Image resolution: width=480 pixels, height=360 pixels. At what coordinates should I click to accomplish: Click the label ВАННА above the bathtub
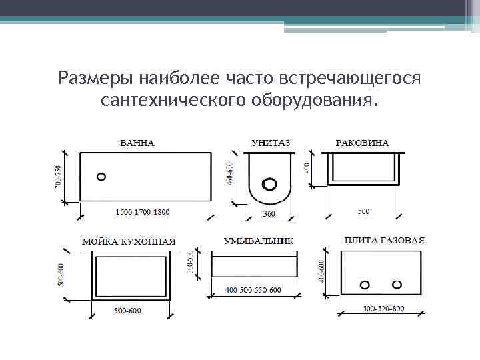[137, 143]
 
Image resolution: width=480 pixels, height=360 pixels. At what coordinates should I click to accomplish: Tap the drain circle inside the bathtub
[101, 177]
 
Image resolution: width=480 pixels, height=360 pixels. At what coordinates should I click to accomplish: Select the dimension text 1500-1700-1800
[143, 212]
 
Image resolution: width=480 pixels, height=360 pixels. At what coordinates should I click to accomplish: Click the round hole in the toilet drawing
[270, 183]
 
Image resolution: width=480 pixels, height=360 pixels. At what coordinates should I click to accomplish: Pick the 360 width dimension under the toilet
[268, 214]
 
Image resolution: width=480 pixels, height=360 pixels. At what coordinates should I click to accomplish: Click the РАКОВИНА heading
[363, 143]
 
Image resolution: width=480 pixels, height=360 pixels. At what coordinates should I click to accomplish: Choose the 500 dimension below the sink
[363, 211]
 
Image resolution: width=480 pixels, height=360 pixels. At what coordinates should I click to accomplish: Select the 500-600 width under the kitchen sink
[127, 311]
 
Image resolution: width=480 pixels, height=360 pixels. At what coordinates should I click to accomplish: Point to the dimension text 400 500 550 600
[253, 290]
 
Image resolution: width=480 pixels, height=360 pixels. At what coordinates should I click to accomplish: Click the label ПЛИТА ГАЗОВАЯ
[385, 240]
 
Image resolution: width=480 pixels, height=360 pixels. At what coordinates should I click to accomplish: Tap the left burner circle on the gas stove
[365, 285]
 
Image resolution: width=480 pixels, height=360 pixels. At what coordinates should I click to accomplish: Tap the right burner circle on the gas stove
[397, 284]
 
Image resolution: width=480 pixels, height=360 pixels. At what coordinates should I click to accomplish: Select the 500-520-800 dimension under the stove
[383, 309]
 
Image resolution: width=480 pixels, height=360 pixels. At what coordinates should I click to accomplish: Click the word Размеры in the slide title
[96, 78]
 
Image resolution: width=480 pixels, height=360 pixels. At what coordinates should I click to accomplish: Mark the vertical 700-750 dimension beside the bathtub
[57, 175]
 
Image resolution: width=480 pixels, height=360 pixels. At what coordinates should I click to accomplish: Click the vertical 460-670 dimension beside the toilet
[230, 175]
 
